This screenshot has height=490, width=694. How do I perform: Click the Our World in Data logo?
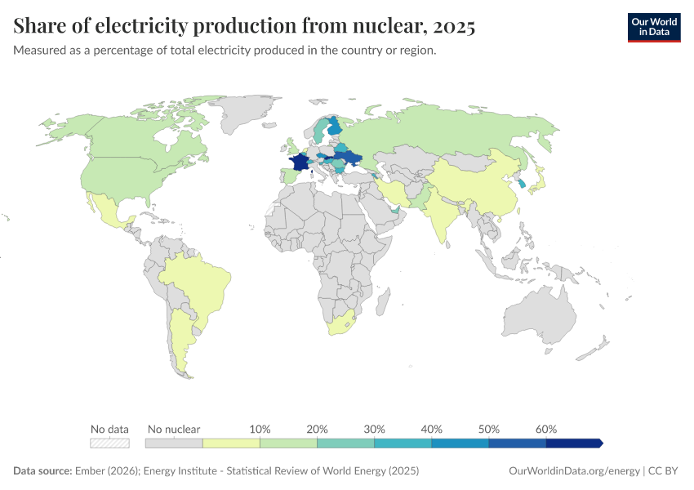point(653,26)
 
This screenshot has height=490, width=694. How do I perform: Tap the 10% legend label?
point(260,429)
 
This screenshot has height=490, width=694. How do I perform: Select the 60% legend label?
point(546,429)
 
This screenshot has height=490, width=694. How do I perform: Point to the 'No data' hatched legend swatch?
point(110,443)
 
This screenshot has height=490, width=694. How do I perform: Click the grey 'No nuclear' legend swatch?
point(174,443)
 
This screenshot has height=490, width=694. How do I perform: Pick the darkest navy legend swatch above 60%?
point(574,443)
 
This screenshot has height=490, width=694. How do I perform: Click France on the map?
point(300,163)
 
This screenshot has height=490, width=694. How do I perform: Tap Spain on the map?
point(288,176)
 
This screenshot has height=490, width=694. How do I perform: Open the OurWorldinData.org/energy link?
point(574,471)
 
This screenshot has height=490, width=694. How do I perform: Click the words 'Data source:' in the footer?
point(42,471)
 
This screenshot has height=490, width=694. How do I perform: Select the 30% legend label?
point(374,429)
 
